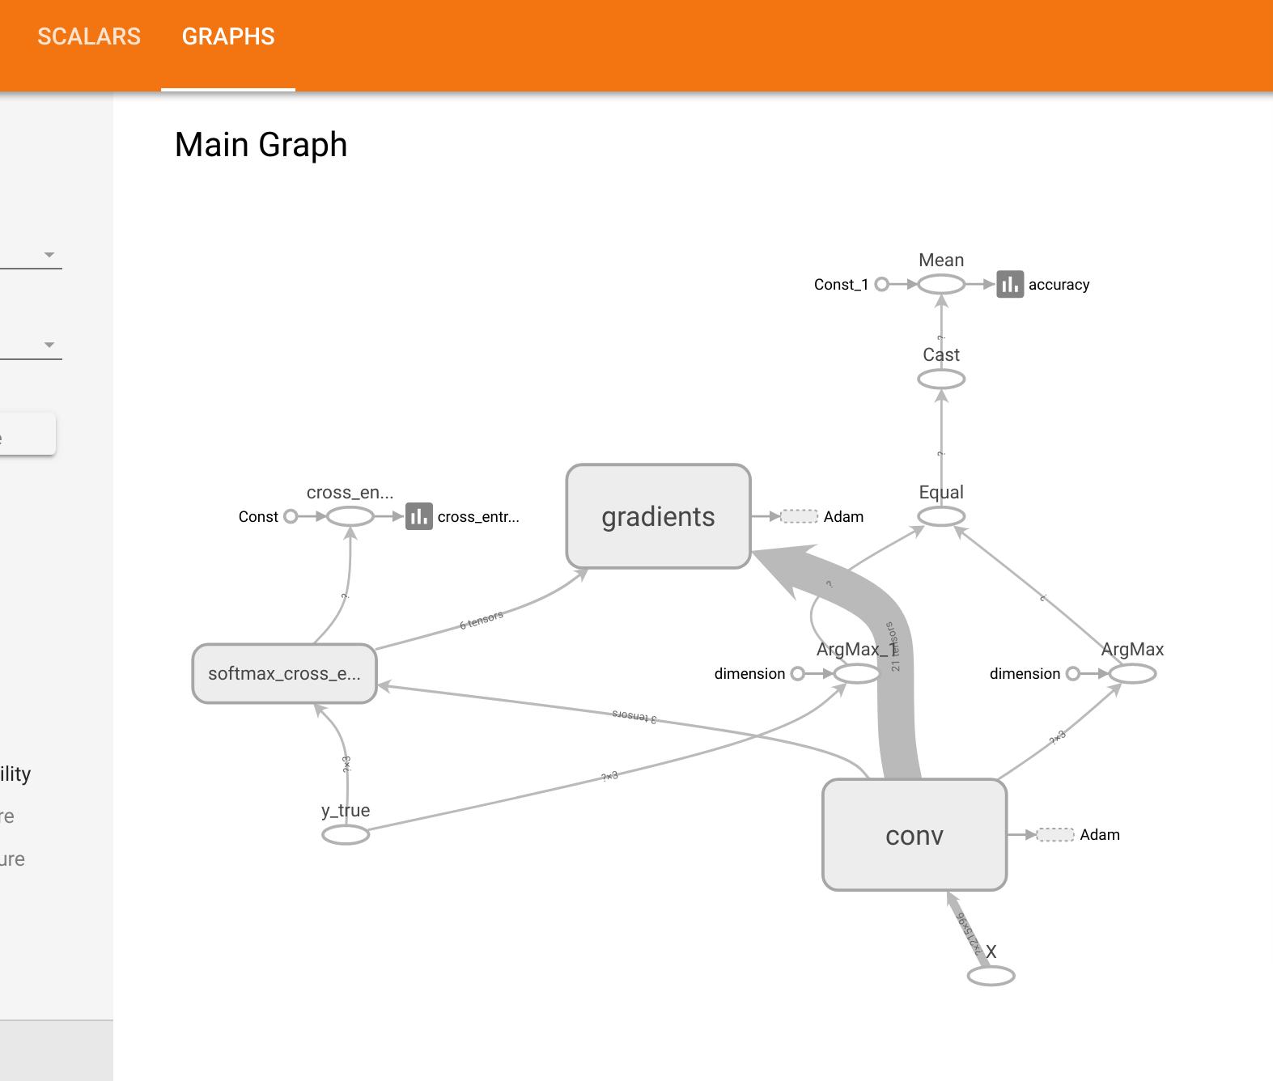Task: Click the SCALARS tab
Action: [x=89, y=37]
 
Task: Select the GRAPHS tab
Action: [x=228, y=37]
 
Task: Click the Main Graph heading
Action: [x=261, y=146]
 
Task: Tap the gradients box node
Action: [x=658, y=516]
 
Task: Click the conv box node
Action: [x=914, y=835]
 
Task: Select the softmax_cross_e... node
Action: [x=284, y=673]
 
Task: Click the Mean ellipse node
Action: [x=941, y=284]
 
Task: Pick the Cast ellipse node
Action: [x=941, y=379]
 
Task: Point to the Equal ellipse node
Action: [x=941, y=516]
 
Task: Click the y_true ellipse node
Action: [x=346, y=834]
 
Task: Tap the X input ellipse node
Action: [x=991, y=976]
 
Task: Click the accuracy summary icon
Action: [x=1009, y=284]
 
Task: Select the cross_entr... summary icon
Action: [x=418, y=516]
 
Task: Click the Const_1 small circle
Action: [x=882, y=284]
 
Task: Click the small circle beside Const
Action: [x=291, y=516]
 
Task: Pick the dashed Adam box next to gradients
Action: [x=799, y=516]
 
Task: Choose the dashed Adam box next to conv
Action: [x=1055, y=834]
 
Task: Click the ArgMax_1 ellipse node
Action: [x=856, y=673]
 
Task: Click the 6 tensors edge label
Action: [x=482, y=621]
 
